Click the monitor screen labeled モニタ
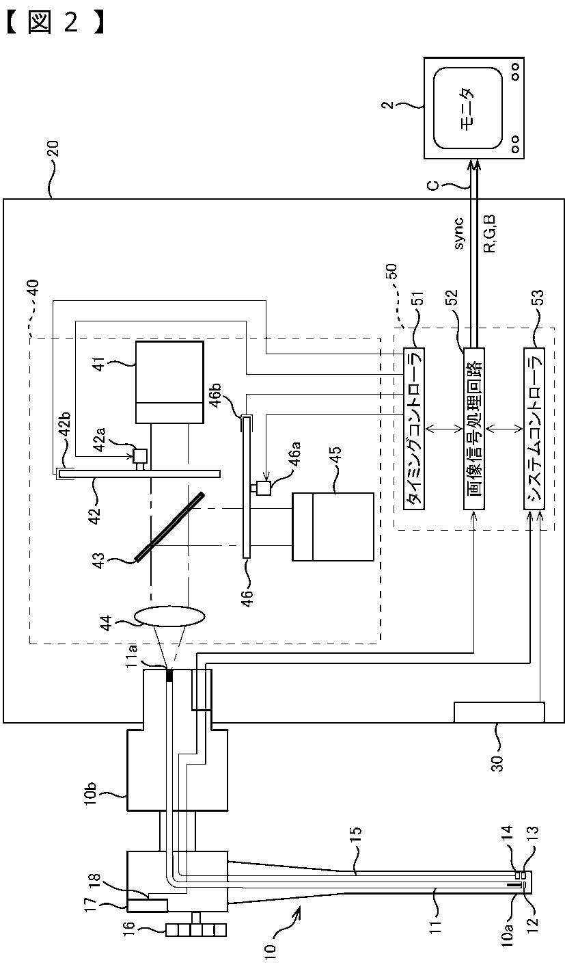pos(468,108)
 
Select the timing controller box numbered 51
pos(413,429)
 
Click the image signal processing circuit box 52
pos(473,429)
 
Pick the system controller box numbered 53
pos(534,429)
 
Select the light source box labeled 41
pos(169,382)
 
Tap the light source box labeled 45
pos(333,527)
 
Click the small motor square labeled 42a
pos(141,455)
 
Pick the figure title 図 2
pos(54,23)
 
